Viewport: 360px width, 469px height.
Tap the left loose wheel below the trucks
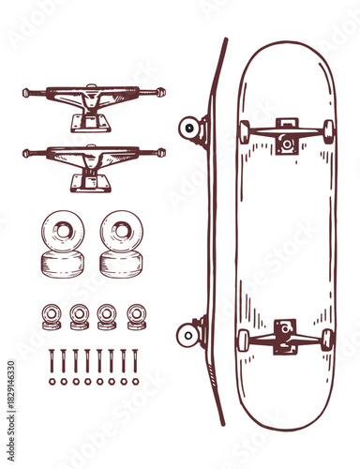[63, 242]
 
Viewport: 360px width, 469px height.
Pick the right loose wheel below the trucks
[122, 242]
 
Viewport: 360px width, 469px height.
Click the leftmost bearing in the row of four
[52, 316]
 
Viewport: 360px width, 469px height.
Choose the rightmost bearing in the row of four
[137, 316]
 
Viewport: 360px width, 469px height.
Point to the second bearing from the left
[80, 316]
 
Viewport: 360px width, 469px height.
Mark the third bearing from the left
[108, 316]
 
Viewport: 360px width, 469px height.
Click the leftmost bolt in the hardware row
[52, 361]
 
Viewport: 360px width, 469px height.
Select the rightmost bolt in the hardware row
[135, 361]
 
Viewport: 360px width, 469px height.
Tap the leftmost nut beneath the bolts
[52, 382]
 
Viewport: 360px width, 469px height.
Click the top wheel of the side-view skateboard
[189, 128]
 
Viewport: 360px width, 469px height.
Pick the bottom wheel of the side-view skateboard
[187, 333]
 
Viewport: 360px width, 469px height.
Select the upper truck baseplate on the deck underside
[286, 136]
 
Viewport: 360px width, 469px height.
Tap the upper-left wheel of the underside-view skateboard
[244, 132]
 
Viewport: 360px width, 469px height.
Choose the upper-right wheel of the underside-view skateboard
[328, 131]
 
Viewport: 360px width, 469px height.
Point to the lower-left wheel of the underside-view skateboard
[243, 340]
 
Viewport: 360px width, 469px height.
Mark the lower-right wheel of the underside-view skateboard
[327, 340]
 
